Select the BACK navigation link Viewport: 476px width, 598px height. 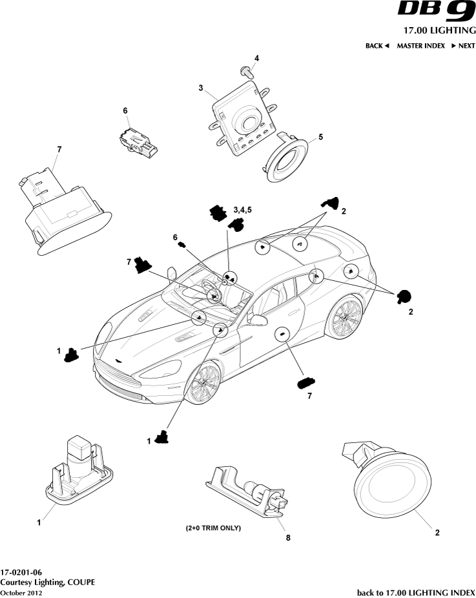(377, 46)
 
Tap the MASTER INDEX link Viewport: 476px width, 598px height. (420, 46)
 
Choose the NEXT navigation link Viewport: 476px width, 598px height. (462, 46)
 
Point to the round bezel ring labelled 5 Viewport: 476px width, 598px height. (287, 158)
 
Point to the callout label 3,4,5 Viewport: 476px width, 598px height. (243, 210)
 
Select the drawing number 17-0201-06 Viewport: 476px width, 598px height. (21, 573)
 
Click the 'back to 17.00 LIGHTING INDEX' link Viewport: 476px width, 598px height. (415, 592)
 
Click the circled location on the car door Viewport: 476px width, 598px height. (282, 334)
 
